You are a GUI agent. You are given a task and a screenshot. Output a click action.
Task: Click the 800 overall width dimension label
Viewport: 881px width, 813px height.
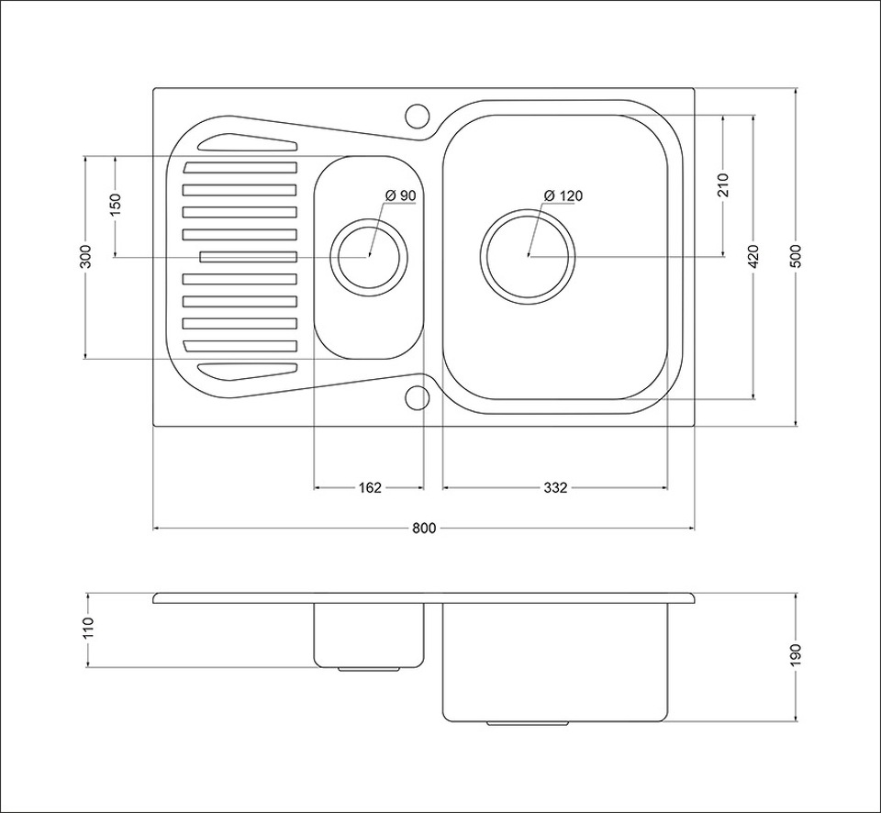[x=423, y=528]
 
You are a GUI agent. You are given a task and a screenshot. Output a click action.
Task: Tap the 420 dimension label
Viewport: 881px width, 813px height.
[x=753, y=256]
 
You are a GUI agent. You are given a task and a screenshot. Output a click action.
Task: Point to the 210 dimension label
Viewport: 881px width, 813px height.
[x=723, y=186]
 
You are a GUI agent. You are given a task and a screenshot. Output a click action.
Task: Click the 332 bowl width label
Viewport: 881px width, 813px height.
[x=554, y=487]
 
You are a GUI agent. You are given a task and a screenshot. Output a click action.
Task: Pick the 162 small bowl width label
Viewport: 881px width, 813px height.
[x=369, y=487]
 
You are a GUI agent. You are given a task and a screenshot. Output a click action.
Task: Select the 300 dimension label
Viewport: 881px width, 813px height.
[x=84, y=256]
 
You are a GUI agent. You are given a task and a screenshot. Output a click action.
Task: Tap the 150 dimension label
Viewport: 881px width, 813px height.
[x=116, y=206]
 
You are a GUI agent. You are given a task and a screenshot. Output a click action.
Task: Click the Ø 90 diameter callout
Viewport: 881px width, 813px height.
[x=401, y=195]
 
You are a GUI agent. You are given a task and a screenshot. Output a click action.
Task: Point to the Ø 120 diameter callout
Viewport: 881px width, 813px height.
[x=563, y=195]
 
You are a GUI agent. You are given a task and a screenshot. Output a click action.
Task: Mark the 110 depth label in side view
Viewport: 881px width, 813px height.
[x=88, y=629]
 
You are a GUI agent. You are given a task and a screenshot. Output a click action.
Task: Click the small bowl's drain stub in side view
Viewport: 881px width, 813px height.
[x=369, y=670]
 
